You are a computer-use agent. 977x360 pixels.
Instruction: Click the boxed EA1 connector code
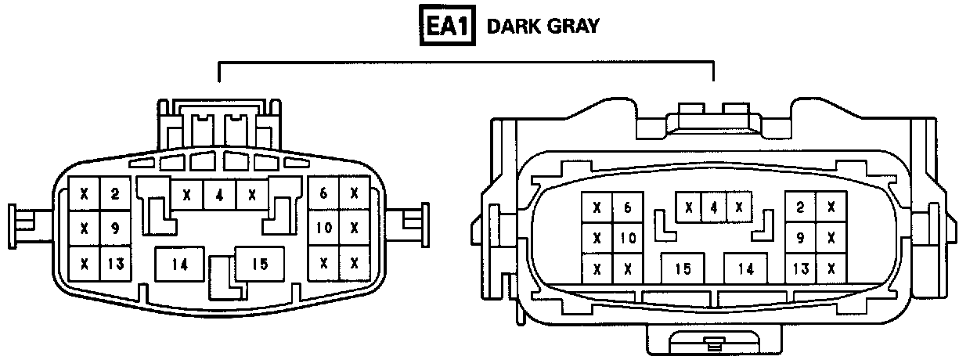pyautogui.click(x=446, y=26)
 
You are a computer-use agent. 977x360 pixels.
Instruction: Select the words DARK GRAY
pyautogui.click(x=543, y=26)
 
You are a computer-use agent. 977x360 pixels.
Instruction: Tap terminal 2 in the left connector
pyautogui.click(x=115, y=193)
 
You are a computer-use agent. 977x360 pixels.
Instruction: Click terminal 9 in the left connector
pyautogui.click(x=115, y=229)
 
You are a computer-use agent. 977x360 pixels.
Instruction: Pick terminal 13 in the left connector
pyautogui.click(x=115, y=264)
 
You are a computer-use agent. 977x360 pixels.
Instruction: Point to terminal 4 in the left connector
pyautogui.click(x=219, y=195)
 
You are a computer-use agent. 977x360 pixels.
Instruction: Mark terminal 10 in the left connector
pyautogui.click(x=323, y=229)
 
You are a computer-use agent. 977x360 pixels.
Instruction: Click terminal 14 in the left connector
pyautogui.click(x=180, y=265)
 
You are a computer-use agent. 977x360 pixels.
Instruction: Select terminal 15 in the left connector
pyautogui.click(x=259, y=265)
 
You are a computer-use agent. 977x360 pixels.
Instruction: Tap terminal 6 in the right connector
pyautogui.click(x=627, y=207)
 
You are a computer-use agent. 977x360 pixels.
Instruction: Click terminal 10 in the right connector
pyautogui.click(x=627, y=238)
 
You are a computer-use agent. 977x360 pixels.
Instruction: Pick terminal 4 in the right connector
pyautogui.click(x=713, y=208)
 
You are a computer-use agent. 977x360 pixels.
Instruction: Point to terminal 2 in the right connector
pyautogui.click(x=800, y=207)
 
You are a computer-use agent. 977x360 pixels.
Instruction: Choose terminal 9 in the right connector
pyautogui.click(x=800, y=238)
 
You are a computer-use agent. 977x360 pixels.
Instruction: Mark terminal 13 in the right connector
pyautogui.click(x=800, y=268)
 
